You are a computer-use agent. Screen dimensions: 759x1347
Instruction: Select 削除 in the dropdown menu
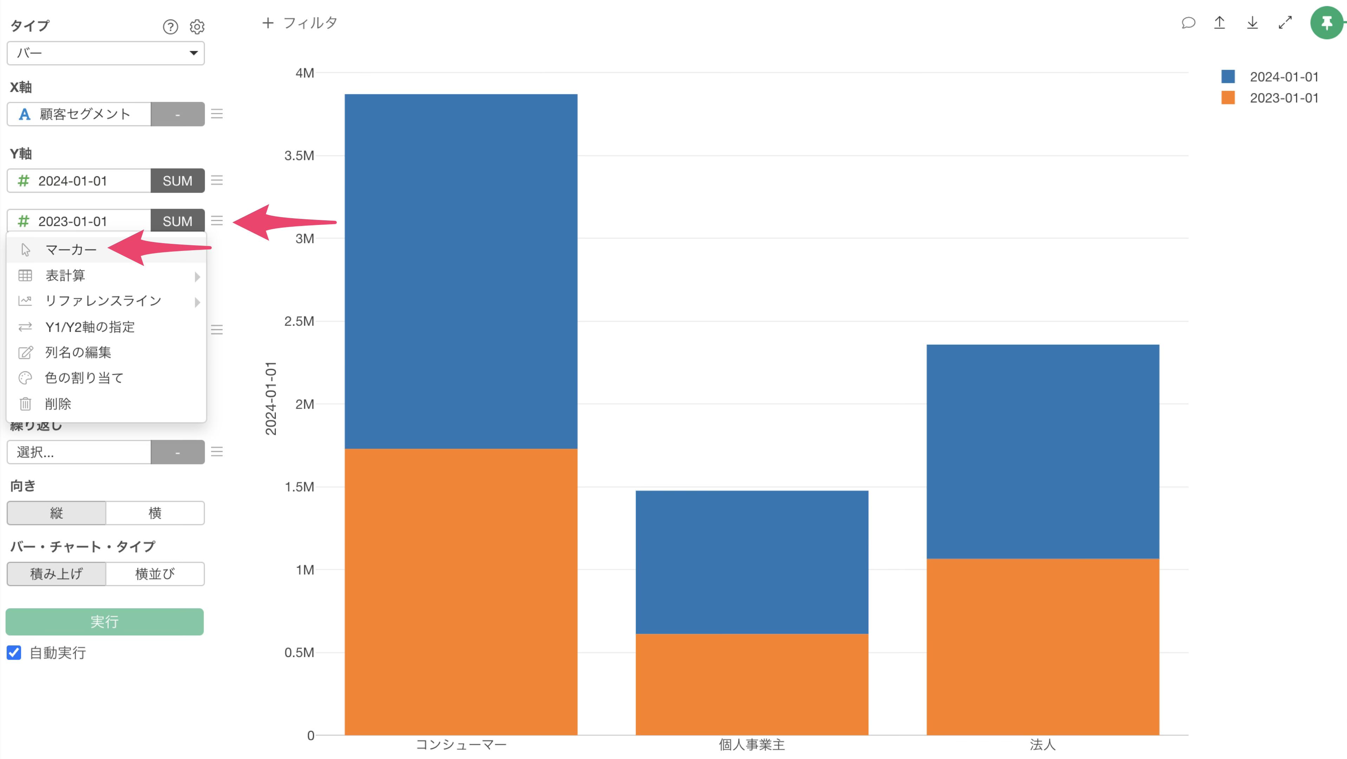[x=58, y=404]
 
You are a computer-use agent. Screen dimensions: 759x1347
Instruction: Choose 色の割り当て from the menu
[x=84, y=378]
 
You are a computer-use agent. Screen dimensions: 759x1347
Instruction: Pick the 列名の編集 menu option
[x=78, y=352]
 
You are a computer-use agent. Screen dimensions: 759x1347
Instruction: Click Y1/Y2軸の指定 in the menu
[x=90, y=327]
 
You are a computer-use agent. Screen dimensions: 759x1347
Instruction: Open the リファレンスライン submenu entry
[x=103, y=301]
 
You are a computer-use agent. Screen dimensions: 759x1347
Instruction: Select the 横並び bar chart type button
[x=155, y=574]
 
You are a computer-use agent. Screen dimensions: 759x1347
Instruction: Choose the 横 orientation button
[x=155, y=513]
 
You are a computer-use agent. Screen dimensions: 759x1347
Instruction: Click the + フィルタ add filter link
[x=300, y=23]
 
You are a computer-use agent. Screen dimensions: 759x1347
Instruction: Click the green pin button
[x=1326, y=23]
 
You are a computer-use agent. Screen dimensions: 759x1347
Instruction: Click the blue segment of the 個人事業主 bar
[x=751, y=562]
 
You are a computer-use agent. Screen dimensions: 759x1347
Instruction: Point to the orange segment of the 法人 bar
[x=1043, y=647]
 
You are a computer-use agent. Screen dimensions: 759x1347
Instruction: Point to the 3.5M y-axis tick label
[x=299, y=156]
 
